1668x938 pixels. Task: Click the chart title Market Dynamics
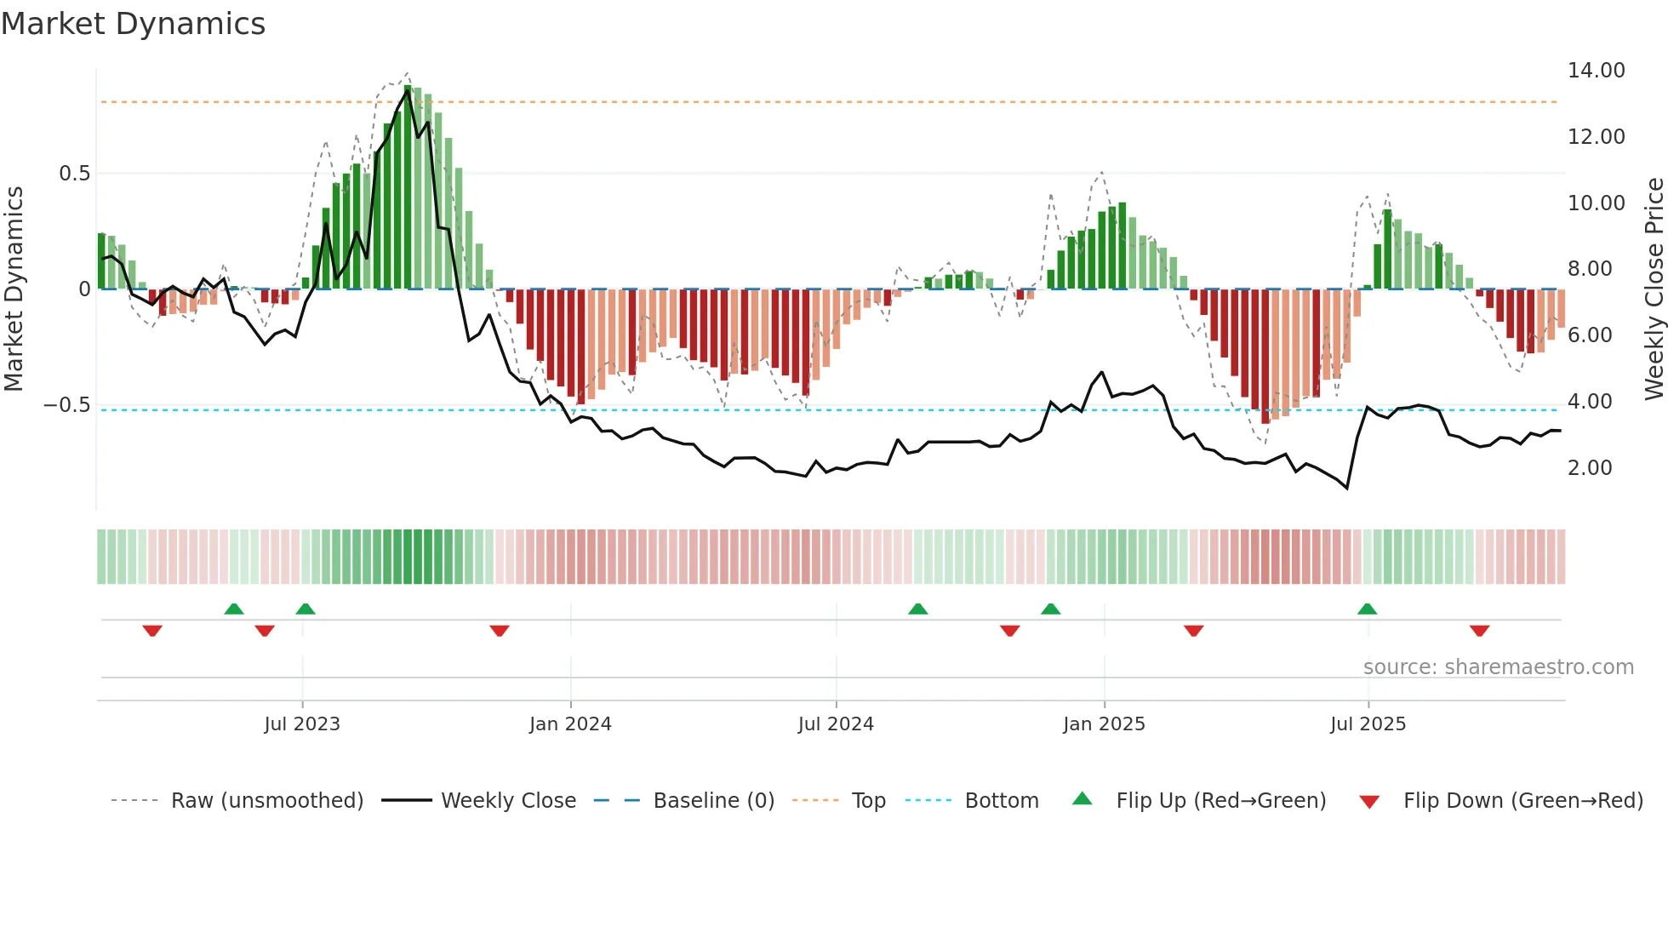click(x=133, y=24)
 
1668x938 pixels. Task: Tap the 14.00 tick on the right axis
click(x=1596, y=71)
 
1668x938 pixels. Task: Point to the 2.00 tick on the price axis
click(x=1589, y=467)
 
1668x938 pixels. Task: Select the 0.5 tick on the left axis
click(x=74, y=174)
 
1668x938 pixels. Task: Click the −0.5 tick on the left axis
click(x=67, y=405)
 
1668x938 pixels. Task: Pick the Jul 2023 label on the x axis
click(x=301, y=724)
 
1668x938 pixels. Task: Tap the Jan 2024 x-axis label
click(x=570, y=724)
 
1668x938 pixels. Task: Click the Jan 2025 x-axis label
click(x=1104, y=724)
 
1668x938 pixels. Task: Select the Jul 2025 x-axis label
click(x=1368, y=724)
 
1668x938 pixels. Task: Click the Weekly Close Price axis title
click(x=1653, y=289)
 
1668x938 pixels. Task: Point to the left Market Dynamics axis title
click(x=14, y=289)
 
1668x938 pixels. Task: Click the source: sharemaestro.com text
click(x=1498, y=667)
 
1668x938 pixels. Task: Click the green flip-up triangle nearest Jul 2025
click(x=1367, y=609)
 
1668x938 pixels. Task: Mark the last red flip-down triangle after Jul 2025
click(x=1479, y=631)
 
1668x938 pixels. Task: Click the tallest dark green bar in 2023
click(x=408, y=187)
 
